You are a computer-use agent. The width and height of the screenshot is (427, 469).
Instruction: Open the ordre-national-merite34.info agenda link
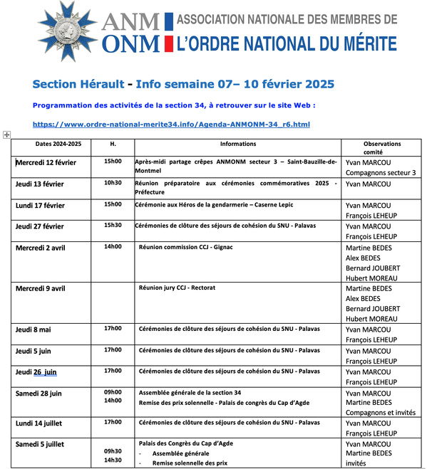click(171, 125)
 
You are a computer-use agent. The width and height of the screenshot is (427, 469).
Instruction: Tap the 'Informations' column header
click(238, 144)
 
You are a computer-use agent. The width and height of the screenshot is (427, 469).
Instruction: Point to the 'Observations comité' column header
click(382, 147)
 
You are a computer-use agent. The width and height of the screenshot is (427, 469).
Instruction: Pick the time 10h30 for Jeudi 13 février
click(113, 183)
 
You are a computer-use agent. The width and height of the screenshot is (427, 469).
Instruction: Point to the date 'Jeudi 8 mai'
click(35, 330)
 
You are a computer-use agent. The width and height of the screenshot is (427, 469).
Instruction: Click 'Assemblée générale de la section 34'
click(190, 392)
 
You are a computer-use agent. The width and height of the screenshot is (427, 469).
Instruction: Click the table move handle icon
click(6, 135)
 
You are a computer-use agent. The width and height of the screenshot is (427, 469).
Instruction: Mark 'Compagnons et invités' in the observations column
click(380, 412)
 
